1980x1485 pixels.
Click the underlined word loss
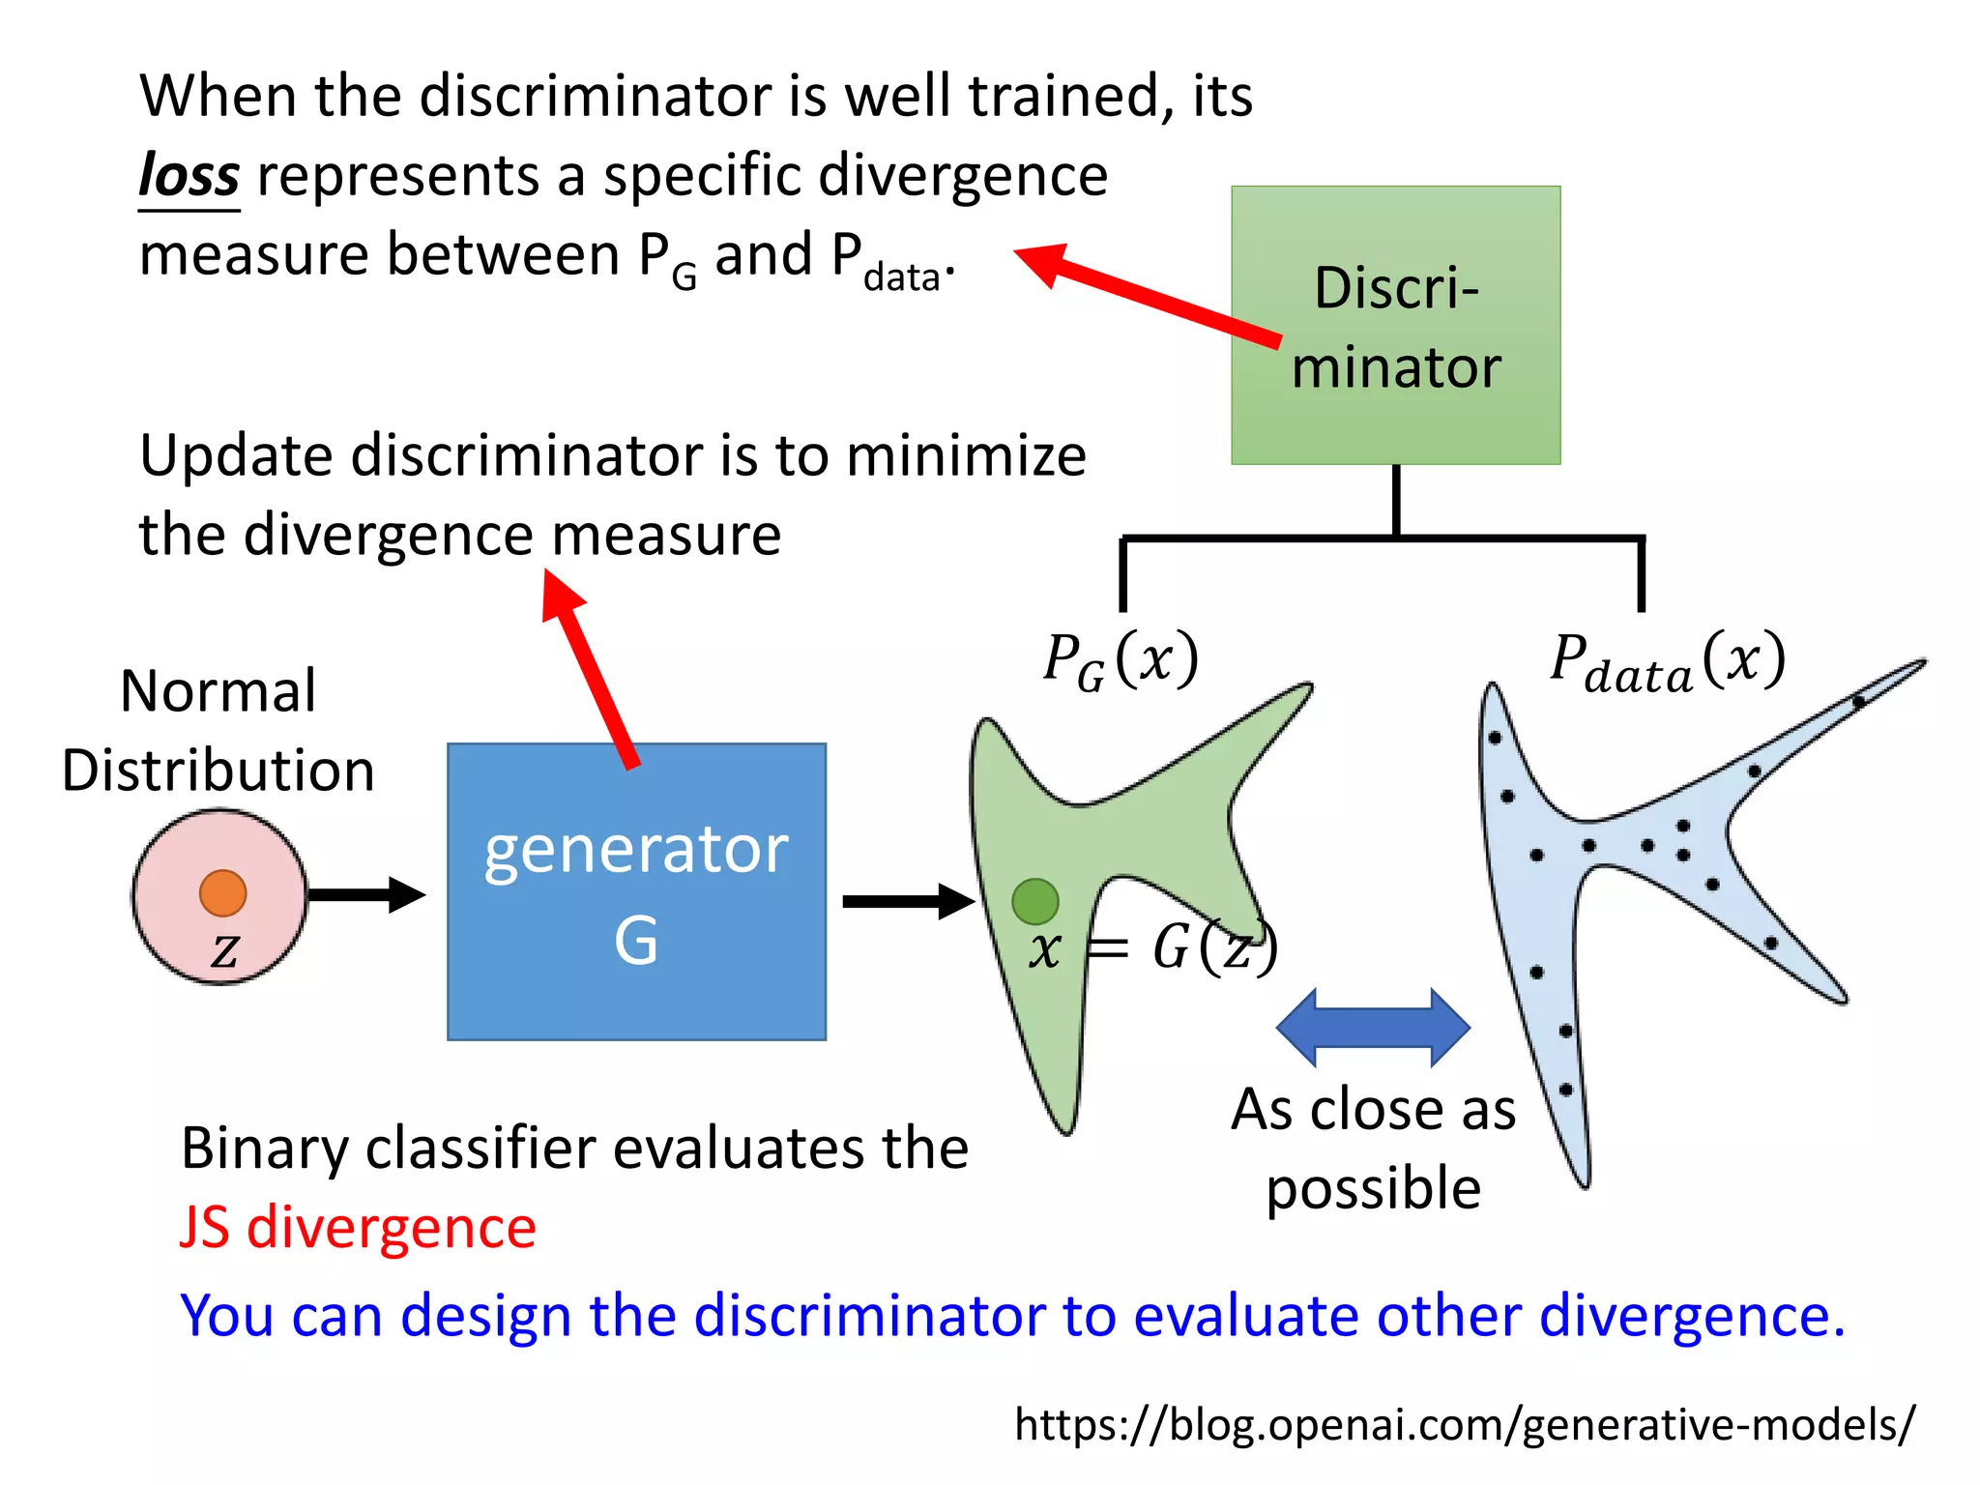click(189, 176)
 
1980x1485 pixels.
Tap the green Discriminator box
click(1395, 325)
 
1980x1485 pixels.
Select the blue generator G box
click(636, 891)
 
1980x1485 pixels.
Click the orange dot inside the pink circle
click(222, 892)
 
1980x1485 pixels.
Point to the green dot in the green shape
click(1034, 901)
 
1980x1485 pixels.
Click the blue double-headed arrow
click(1373, 1028)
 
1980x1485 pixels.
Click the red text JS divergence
click(358, 1228)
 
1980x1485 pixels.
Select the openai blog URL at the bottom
click(1464, 1424)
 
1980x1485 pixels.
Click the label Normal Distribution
click(218, 731)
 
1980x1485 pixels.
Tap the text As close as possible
click(1373, 1149)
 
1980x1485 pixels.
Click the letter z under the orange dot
click(224, 950)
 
